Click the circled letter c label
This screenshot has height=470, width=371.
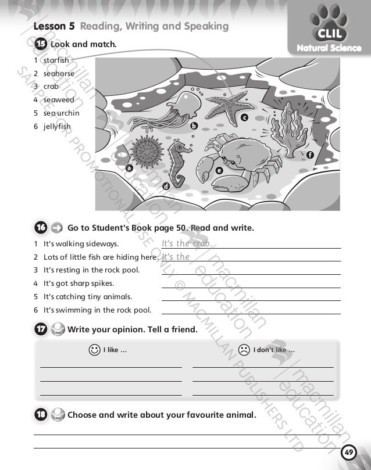tap(245, 118)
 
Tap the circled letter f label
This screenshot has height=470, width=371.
tap(310, 155)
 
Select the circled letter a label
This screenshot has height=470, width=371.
tap(129, 167)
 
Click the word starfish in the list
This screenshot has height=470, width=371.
tap(56, 60)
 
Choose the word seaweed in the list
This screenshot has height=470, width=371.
tap(58, 100)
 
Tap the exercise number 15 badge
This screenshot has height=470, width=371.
tap(40, 44)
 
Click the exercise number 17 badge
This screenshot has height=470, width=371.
tap(40, 330)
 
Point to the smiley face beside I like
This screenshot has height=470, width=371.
tap(94, 350)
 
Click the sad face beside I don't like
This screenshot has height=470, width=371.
tap(244, 350)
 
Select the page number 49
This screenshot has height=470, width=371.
tap(348, 453)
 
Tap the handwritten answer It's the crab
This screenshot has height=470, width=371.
tap(187, 244)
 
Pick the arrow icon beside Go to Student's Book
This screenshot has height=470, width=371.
tap(58, 228)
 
